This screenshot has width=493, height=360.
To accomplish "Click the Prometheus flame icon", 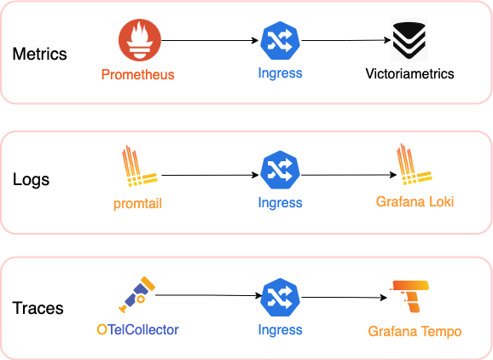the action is [140, 40].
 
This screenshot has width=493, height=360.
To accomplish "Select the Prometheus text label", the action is [137, 75].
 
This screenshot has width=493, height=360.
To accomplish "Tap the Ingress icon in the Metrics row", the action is [280, 41].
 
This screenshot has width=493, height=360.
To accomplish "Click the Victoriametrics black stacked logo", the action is [409, 39].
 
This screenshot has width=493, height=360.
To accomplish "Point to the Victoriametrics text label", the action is [409, 74].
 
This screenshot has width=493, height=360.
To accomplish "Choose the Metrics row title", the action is [39, 54].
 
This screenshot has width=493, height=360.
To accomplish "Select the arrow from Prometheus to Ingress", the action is [210, 40].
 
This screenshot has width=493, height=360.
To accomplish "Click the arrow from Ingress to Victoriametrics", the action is [345, 40].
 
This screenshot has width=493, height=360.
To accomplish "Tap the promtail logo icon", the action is [140, 165].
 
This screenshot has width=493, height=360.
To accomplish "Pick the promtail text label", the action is [137, 204].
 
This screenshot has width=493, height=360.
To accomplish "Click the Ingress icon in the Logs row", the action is [280, 170].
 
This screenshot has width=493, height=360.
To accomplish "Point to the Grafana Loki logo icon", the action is [414, 164].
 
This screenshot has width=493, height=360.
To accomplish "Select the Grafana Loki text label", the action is [415, 202].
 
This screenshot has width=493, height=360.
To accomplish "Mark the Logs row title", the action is [31, 180].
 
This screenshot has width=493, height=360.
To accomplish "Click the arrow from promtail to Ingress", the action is [210, 175].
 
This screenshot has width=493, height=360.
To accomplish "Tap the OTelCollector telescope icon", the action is [137, 294].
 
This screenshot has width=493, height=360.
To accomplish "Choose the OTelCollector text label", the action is [137, 330].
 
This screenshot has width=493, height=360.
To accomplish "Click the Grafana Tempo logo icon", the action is [409, 297].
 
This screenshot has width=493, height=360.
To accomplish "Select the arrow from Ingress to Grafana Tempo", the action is [344, 297].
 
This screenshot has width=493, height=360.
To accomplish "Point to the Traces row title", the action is [38, 308].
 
